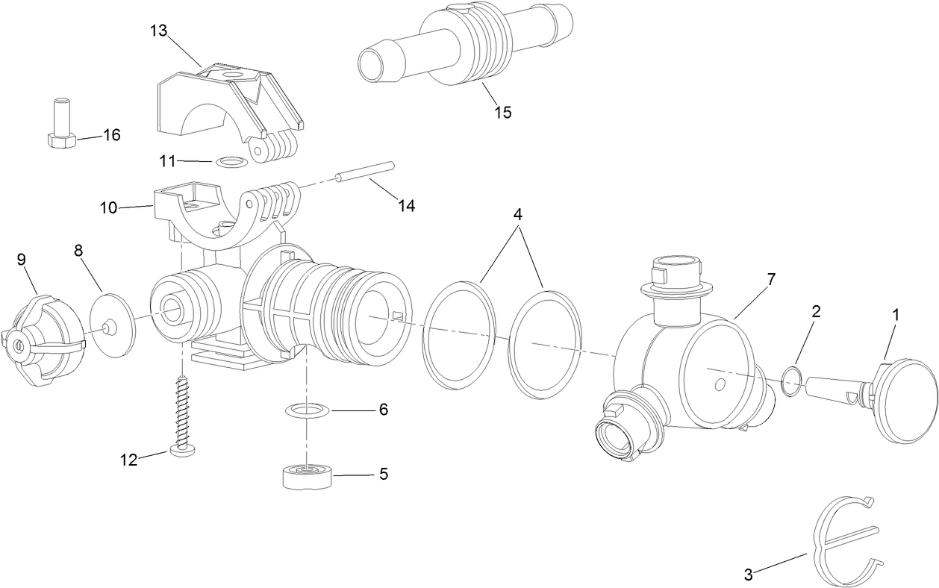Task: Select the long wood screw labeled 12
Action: coord(182,413)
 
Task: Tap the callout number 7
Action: coord(770,280)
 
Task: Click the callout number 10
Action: coord(109,207)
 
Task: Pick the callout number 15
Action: coord(502,112)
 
